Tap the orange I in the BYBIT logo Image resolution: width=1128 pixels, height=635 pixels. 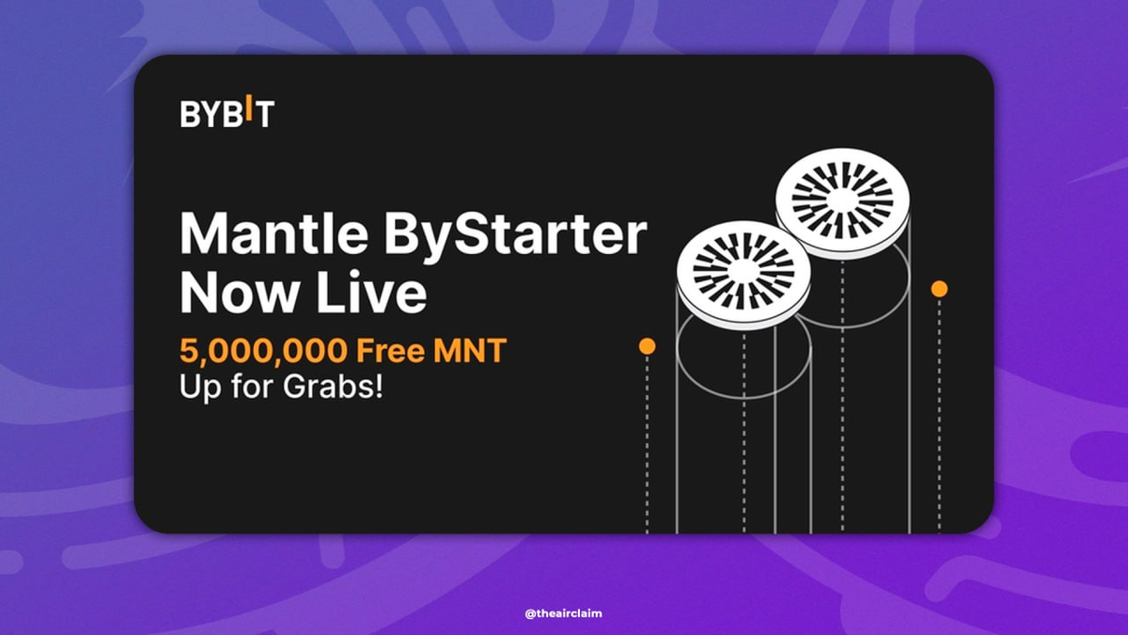pos(248,107)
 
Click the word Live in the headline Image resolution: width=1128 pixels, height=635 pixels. pos(371,292)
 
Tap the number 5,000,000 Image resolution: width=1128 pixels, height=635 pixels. pos(263,351)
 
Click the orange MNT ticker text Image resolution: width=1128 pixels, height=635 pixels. pos(470,350)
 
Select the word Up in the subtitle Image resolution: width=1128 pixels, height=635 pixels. pos(200,388)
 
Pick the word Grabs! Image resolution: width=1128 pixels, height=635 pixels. pos(333,387)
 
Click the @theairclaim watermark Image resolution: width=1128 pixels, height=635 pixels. pos(563,613)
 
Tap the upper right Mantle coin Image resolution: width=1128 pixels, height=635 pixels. pos(842,202)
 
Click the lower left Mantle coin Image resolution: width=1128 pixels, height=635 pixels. pos(744,275)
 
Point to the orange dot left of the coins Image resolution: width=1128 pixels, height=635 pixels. pos(647,346)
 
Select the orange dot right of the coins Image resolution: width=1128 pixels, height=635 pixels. pos(939,289)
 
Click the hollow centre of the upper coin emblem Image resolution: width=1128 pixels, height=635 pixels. pos(842,200)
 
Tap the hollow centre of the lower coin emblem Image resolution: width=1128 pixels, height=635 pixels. pos(744,272)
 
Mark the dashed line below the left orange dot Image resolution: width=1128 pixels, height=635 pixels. pos(647,444)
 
